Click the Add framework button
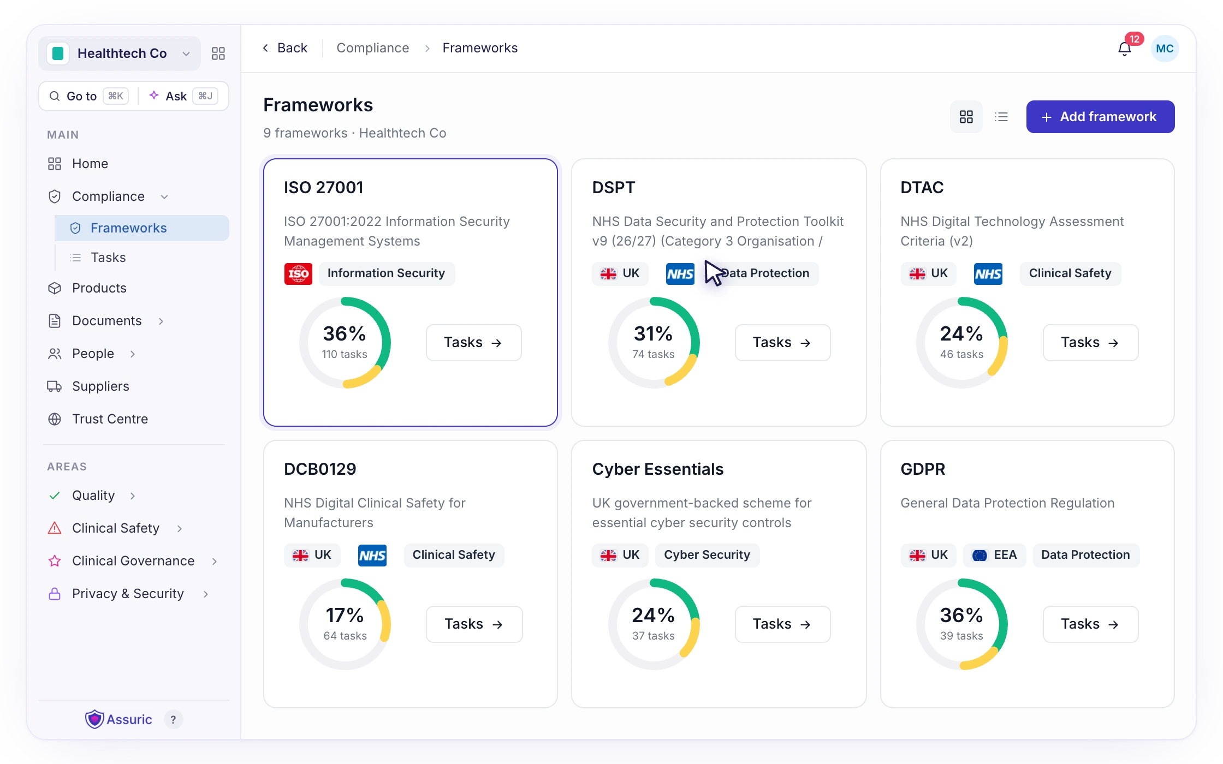(1100, 117)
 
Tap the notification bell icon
(1124, 49)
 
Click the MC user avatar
(1165, 49)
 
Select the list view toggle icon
(1001, 117)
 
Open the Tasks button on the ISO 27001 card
(473, 343)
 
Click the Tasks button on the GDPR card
(1090, 624)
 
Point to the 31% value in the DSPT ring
(653, 333)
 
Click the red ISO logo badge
(298, 273)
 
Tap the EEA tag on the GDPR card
(994, 555)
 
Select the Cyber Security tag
(707, 555)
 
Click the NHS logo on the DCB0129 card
(372, 556)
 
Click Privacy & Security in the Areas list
(128, 594)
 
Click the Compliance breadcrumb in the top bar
(373, 48)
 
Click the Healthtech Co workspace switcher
(120, 53)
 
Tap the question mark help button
(173, 720)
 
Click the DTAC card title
(922, 188)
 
